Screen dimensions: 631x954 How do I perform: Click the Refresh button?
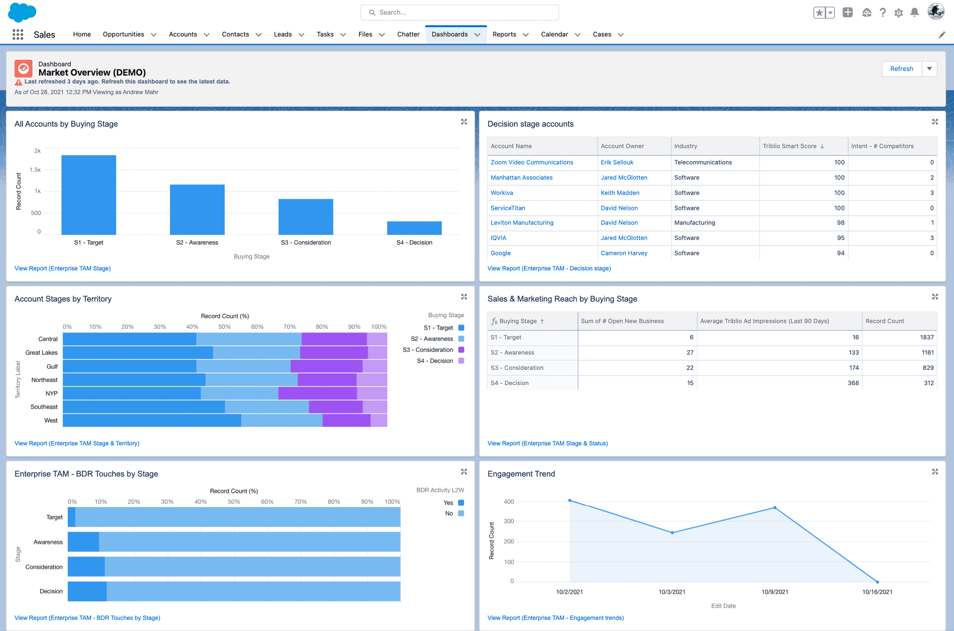pyautogui.click(x=901, y=69)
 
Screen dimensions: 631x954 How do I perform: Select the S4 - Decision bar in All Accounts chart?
pyautogui.click(x=414, y=228)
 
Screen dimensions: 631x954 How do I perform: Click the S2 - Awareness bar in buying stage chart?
pyautogui.click(x=197, y=210)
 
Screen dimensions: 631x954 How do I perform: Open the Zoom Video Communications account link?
pyautogui.click(x=531, y=162)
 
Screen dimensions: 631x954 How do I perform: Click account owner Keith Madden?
pyautogui.click(x=619, y=193)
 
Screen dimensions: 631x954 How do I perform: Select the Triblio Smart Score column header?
pyautogui.click(x=789, y=146)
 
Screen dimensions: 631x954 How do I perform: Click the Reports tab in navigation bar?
pyautogui.click(x=504, y=34)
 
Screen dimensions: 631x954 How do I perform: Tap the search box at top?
pyautogui.click(x=459, y=13)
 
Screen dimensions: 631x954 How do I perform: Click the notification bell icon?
pyautogui.click(x=914, y=13)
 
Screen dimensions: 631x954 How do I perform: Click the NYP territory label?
pyautogui.click(x=51, y=394)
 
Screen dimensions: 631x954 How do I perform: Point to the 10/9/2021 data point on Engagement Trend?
pyautogui.click(x=775, y=508)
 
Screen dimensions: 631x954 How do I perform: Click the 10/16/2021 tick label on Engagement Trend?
pyautogui.click(x=877, y=592)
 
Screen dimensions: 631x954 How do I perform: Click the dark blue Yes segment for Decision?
pyautogui.click(x=87, y=591)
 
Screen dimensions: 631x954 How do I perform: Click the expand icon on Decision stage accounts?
pyautogui.click(x=935, y=122)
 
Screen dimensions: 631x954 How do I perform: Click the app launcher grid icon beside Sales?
pyautogui.click(x=18, y=35)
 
